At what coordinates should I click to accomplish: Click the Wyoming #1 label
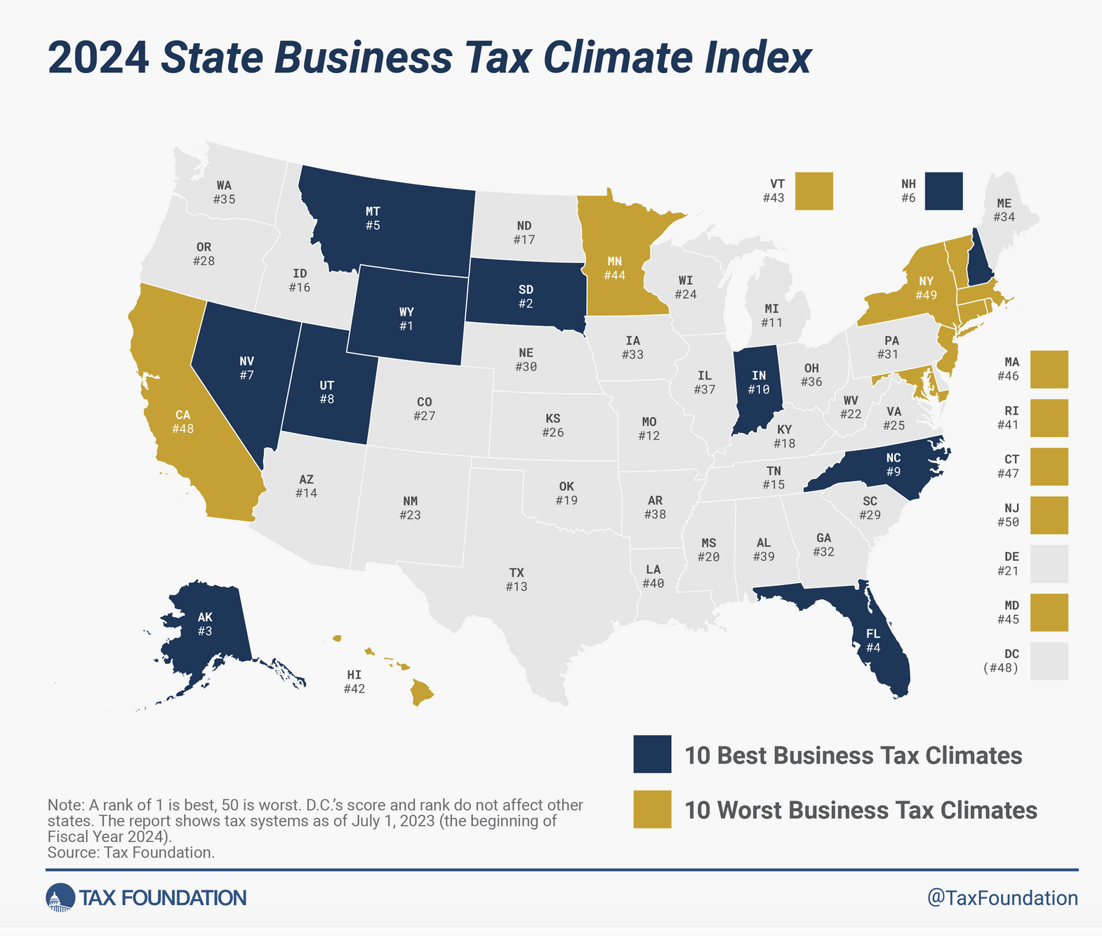coord(406,319)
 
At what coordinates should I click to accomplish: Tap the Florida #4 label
coord(872,641)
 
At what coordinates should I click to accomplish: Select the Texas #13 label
coord(516,580)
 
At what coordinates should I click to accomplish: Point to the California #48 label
coord(182,421)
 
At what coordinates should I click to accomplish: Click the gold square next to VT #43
coord(814,191)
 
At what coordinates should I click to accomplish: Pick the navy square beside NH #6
coord(943,191)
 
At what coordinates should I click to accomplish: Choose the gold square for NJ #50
coord(1049,515)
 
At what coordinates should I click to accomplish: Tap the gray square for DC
coord(1049,661)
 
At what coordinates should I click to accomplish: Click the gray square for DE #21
coord(1049,563)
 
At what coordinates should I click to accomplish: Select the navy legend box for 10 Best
coord(652,754)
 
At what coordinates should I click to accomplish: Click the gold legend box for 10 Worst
coord(652,809)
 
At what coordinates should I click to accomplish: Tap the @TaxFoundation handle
coord(1002,898)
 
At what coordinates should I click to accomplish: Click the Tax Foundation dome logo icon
coord(60,897)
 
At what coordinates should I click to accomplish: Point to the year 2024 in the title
coord(98,58)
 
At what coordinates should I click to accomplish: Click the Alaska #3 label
coord(204,624)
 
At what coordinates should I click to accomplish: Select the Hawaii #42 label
coord(354,681)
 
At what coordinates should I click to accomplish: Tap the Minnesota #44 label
coord(614,268)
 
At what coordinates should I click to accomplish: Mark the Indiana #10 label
coord(759,382)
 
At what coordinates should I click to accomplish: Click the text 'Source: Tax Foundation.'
coord(131,853)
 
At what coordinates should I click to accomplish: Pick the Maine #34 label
coord(1004,210)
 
